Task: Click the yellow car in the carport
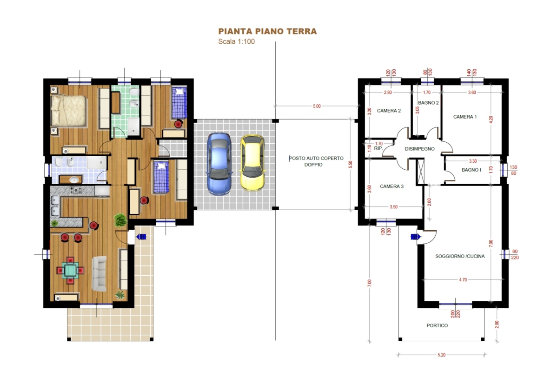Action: click(x=252, y=162)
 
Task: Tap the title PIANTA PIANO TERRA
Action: click(x=267, y=32)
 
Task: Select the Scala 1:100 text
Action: click(x=237, y=41)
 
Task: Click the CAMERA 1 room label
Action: click(x=465, y=117)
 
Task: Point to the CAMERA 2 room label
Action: click(x=389, y=111)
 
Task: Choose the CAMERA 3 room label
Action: click(x=391, y=186)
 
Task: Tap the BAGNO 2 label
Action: click(x=428, y=102)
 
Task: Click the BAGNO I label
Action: click(x=471, y=170)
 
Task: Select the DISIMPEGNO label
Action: click(x=420, y=149)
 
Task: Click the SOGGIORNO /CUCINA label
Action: click(x=460, y=256)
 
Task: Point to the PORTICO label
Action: click(x=437, y=325)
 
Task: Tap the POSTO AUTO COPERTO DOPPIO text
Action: click(x=316, y=161)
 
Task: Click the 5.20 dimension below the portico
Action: click(x=441, y=355)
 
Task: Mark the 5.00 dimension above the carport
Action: click(x=316, y=106)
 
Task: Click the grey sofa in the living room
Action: click(x=99, y=273)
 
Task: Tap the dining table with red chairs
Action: click(x=70, y=270)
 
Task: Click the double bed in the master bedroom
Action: click(x=68, y=110)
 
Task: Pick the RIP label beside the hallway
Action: click(x=378, y=148)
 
